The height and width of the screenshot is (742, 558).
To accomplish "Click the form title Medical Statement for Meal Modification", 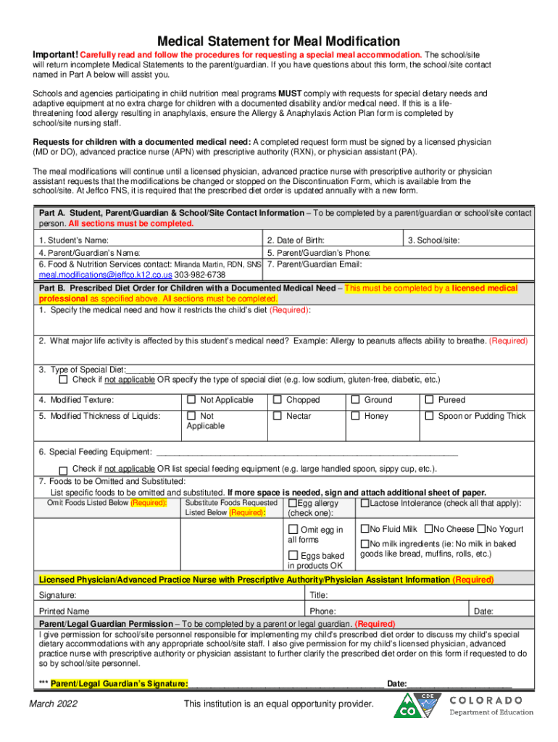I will point(279,41).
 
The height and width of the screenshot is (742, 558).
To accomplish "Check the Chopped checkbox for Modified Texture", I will point(278,399).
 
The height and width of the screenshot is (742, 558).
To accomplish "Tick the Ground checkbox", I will point(356,399).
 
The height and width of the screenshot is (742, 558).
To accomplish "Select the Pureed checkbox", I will point(430,399).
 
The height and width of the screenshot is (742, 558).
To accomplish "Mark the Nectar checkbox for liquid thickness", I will point(278,416).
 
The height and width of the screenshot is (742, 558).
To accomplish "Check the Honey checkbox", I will point(356,416).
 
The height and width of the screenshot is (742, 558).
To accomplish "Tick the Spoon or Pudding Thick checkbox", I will point(430,416).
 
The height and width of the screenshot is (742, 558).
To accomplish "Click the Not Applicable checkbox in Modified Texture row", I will point(191,399).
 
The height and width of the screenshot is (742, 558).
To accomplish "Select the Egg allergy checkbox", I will point(292,503).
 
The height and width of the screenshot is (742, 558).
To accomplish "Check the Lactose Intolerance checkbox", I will point(365,503).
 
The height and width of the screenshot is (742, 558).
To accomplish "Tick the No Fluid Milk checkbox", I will point(365,529).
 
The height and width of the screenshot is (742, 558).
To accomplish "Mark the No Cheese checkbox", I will point(429,529).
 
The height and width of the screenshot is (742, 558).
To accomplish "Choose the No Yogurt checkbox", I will point(482,529).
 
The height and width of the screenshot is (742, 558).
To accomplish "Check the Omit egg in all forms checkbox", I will point(293,530).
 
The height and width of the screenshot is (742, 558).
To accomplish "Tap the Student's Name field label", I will point(74,240).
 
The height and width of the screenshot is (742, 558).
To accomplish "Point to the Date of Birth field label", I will point(296,240).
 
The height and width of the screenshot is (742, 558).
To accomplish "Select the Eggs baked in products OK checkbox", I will point(293,556).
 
